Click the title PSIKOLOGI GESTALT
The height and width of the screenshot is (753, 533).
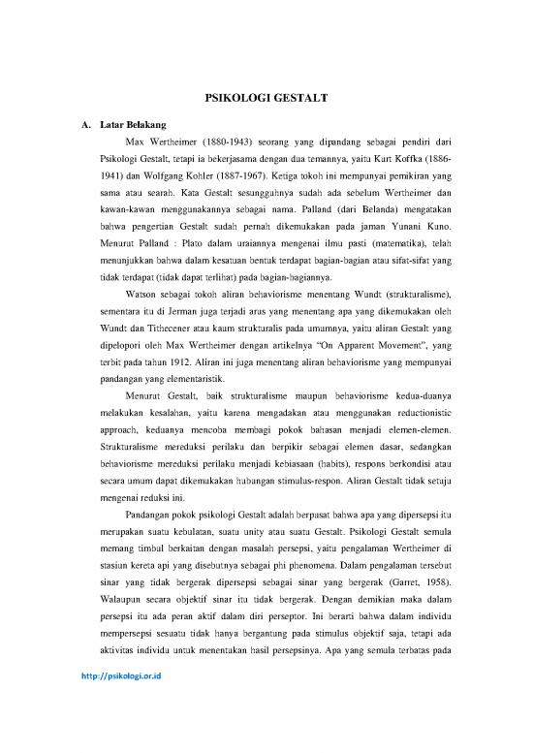coord(267,98)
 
